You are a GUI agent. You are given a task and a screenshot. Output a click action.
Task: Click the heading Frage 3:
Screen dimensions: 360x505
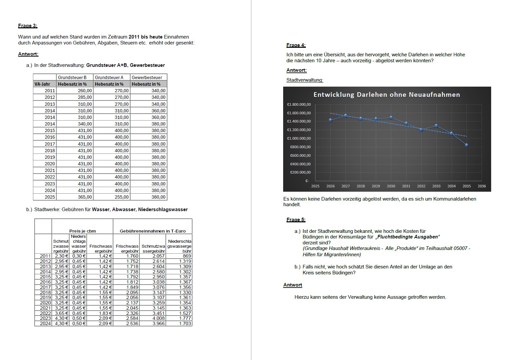click(x=28, y=26)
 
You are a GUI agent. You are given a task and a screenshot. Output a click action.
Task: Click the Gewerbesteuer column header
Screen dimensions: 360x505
click(x=147, y=77)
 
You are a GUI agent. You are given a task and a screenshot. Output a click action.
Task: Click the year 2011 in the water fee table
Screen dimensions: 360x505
click(x=45, y=256)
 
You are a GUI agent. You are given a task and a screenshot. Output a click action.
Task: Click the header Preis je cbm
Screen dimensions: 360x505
click(x=82, y=231)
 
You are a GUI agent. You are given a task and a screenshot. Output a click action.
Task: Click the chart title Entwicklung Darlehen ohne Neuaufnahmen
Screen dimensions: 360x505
click(x=387, y=95)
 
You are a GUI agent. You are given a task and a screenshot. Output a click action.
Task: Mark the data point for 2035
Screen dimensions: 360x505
click(x=466, y=145)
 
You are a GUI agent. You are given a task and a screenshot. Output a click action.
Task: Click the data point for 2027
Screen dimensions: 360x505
click(x=345, y=116)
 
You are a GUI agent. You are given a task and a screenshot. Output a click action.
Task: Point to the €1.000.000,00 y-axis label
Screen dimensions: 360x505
click(x=299, y=138)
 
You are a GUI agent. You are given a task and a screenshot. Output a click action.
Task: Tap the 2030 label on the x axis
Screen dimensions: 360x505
click(x=391, y=186)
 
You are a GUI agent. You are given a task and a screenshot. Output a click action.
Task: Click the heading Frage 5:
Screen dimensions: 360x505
click(x=296, y=220)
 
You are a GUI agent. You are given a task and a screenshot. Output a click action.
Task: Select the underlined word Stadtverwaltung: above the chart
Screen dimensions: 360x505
click(x=305, y=80)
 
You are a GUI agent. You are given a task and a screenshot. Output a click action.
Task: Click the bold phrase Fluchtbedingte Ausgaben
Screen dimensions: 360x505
click(x=407, y=237)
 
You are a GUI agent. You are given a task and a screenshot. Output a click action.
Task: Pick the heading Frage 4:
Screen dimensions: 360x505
click(x=296, y=45)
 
